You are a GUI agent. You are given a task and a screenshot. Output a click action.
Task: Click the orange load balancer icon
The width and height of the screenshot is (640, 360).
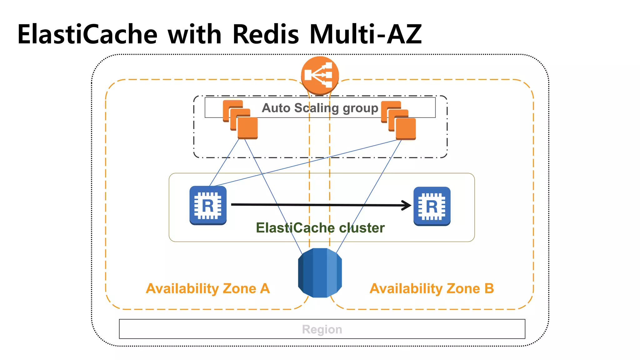coord(320,75)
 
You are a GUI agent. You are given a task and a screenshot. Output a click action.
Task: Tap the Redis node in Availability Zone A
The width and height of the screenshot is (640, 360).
coord(208,205)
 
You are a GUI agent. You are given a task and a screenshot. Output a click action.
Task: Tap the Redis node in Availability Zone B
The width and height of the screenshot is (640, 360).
coord(432,206)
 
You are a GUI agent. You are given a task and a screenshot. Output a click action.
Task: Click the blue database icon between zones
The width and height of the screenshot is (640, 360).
coord(320,272)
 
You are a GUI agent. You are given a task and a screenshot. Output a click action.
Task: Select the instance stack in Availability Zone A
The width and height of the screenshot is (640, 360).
coord(240,120)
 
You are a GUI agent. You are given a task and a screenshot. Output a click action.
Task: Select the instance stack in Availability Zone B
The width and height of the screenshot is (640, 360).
coord(398,120)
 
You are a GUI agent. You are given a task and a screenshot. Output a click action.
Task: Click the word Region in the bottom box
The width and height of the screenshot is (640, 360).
coord(322,329)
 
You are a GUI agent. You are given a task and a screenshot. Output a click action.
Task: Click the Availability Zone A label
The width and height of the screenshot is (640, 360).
coord(207,288)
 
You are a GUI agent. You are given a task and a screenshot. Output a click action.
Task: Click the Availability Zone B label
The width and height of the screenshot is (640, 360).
coord(432,288)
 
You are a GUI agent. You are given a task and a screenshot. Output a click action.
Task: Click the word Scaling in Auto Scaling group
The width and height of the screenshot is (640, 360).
coord(317,108)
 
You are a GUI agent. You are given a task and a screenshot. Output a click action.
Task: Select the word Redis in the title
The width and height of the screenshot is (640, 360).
coord(266,34)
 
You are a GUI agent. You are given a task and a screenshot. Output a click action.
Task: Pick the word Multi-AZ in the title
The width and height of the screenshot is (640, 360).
coord(366,34)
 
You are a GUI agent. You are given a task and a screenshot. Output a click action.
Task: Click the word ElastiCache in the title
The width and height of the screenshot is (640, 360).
coord(87,34)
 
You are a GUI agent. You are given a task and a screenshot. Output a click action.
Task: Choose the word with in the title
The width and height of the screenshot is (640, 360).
coord(194,34)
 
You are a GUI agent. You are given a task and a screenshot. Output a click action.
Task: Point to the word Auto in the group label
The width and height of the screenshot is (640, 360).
coord(276,108)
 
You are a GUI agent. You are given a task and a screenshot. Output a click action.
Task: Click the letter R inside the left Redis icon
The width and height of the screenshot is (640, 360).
coord(208,206)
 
